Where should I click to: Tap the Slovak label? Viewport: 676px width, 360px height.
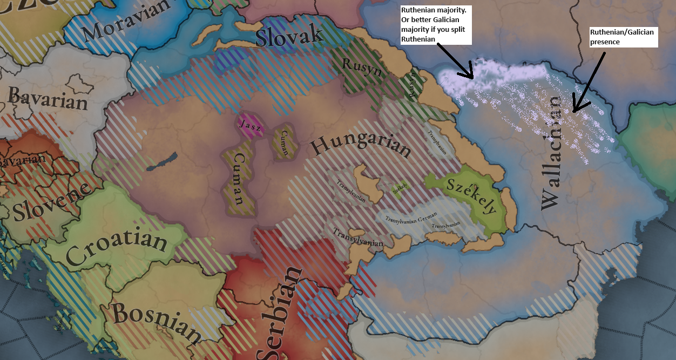pos(289,36)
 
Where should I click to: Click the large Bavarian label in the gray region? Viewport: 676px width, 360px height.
pos(48,98)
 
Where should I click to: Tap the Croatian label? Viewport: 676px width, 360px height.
pos(116,244)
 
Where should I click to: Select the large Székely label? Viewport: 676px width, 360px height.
pos(471,195)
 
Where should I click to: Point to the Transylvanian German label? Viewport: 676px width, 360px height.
pos(410,218)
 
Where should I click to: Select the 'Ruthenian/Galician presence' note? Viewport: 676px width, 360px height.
pos(623,37)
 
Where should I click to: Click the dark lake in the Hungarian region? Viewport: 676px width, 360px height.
pos(162,162)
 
